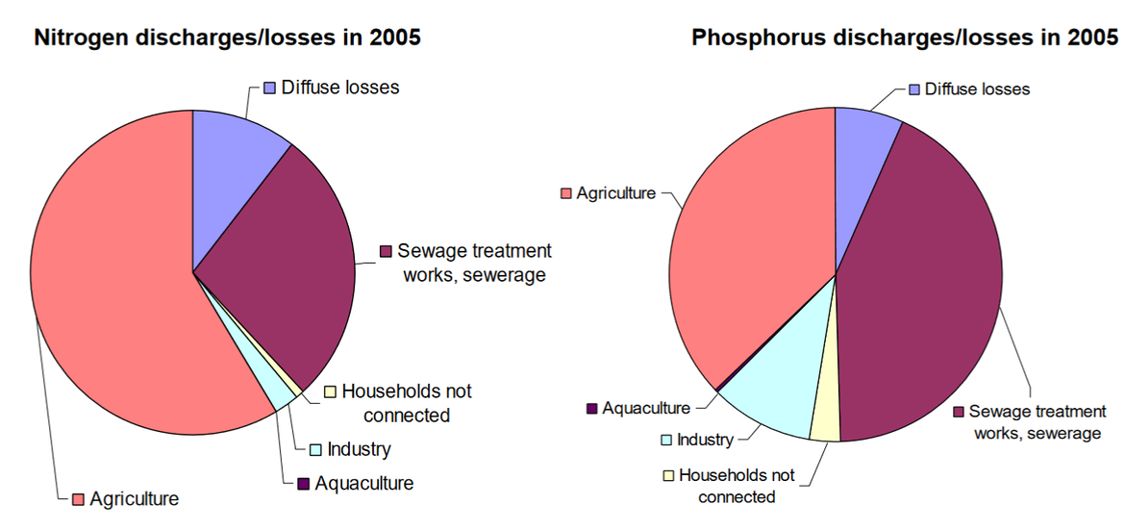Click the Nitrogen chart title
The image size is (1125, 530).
(x=228, y=38)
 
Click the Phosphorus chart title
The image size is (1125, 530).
(x=905, y=38)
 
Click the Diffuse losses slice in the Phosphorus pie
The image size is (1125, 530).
(x=861, y=164)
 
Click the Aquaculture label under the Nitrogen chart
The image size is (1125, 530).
(x=363, y=483)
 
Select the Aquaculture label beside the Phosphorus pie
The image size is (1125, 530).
(x=646, y=408)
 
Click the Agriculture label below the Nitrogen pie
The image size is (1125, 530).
(x=134, y=498)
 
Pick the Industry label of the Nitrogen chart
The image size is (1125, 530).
(x=359, y=449)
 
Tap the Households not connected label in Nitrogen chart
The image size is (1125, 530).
(x=406, y=403)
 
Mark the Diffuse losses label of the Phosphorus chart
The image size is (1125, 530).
(x=977, y=89)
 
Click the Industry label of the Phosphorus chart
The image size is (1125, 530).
(x=705, y=440)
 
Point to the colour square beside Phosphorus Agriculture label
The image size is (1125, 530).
(x=566, y=193)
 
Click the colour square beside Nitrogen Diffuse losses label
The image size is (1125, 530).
(x=270, y=88)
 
